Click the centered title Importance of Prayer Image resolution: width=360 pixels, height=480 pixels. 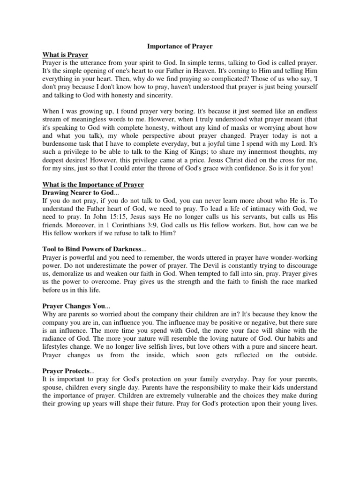[180, 46]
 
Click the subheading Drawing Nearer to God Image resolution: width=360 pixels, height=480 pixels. [78, 193]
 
